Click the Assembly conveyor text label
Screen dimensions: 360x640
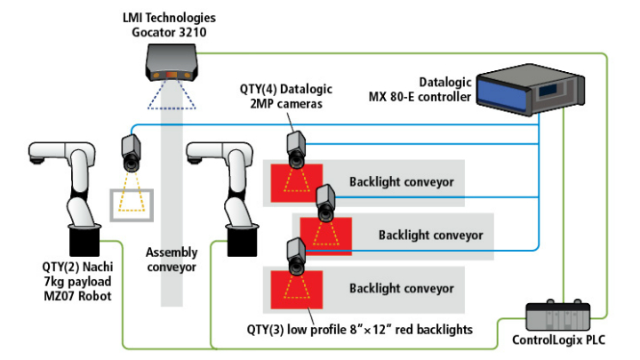171,258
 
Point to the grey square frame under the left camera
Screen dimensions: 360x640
130,204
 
